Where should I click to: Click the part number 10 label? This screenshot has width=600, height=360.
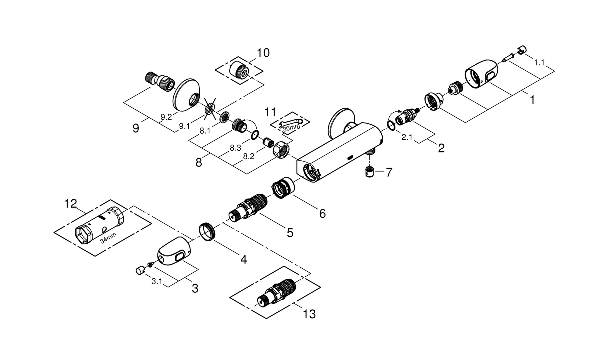pyautogui.click(x=263, y=53)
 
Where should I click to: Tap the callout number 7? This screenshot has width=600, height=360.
pyautogui.click(x=388, y=173)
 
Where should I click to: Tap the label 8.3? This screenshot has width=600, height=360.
pyautogui.click(x=236, y=148)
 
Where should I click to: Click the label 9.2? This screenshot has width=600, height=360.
pyautogui.click(x=166, y=117)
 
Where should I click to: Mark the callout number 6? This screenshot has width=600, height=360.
pyautogui.click(x=322, y=214)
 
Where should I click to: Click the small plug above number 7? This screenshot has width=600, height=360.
pyautogui.click(x=369, y=172)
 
